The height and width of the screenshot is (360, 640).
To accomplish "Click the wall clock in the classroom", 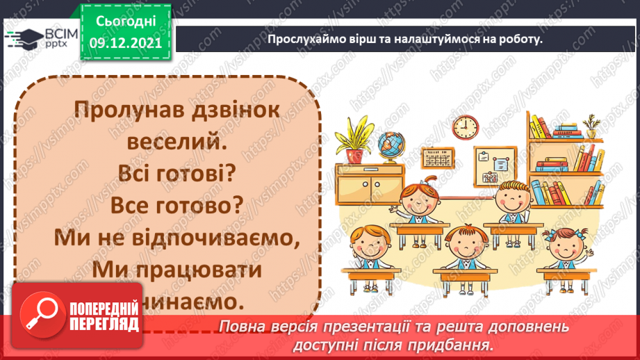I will point(466,126).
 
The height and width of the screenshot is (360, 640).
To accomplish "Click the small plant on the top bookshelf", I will point(591,126).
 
